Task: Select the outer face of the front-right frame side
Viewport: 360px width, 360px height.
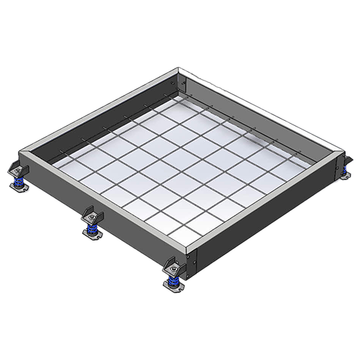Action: [x=270, y=205]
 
